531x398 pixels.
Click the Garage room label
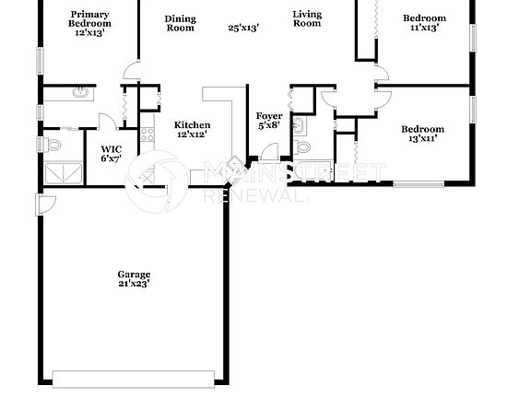(x=134, y=279)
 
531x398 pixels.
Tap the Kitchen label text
(x=192, y=130)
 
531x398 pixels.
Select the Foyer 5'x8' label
(x=269, y=121)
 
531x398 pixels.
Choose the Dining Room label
(x=180, y=23)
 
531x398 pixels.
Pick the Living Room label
(x=307, y=18)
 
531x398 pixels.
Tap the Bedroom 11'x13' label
(x=424, y=23)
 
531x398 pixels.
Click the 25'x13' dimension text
(x=243, y=28)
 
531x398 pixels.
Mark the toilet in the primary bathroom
(x=53, y=145)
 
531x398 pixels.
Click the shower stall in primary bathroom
(x=61, y=172)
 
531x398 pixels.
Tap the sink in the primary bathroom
(x=80, y=92)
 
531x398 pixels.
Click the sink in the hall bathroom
(x=300, y=125)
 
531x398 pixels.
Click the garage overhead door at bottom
(x=135, y=378)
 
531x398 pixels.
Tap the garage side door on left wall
(x=40, y=205)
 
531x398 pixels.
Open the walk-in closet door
(x=108, y=122)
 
